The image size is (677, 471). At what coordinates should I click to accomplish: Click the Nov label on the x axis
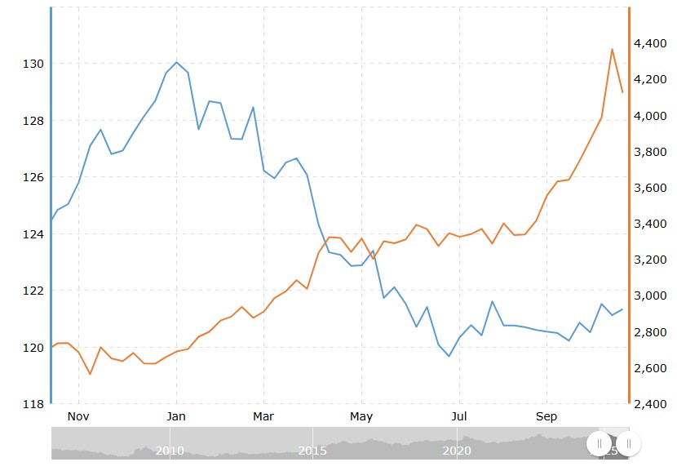point(78,417)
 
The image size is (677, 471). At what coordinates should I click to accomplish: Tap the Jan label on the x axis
point(176,417)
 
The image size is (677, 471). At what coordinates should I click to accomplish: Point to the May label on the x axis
point(361,417)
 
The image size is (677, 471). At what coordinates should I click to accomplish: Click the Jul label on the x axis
point(459,417)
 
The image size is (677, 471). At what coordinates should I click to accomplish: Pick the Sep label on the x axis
point(546,417)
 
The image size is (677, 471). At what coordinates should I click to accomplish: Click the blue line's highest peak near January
point(176,62)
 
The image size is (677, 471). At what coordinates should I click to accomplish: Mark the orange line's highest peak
point(612,49)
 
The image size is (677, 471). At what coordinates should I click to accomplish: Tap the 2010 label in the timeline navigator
point(169,450)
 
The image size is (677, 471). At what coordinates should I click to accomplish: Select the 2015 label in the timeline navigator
point(312,450)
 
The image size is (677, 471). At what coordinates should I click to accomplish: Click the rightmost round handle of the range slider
point(628,443)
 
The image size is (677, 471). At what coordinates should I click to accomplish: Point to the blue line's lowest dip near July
point(449,356)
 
